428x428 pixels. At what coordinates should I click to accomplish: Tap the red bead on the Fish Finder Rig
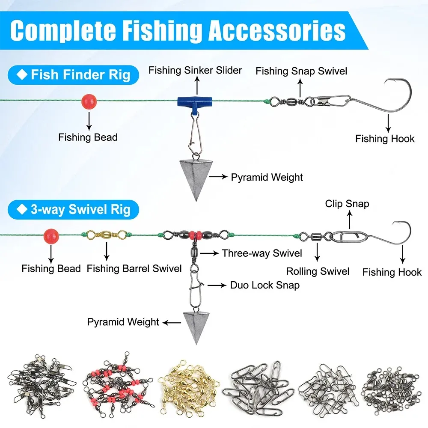click(x=89, y=101)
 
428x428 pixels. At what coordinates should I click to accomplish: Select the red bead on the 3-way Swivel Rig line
click(x=51, y=235)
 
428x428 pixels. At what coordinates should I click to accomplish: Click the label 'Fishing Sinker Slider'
click(x=195, y=70)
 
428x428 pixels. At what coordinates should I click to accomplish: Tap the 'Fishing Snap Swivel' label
click(x=301, y=71)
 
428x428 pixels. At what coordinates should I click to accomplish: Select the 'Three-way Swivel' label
click(x=262, y=253)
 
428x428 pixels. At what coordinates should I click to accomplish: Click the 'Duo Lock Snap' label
click(x=265, y=285)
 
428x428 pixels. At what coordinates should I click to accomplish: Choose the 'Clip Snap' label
click(x=347, y=204)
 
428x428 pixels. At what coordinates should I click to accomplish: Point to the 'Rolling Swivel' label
click(x=318, y=271)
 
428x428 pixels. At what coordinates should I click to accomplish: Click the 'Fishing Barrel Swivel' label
click(x=134, y=269)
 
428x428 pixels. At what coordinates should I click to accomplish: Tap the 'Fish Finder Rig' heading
click(x=80, y=75)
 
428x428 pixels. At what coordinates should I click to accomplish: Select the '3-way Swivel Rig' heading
click(x=80, y=210)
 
